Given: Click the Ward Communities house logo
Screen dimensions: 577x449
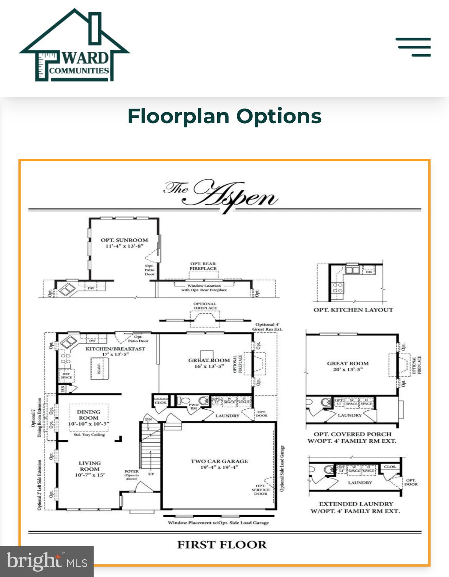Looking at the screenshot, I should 74,46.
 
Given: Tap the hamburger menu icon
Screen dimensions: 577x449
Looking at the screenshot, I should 413,47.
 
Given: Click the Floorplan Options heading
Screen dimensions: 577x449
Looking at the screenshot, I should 225,116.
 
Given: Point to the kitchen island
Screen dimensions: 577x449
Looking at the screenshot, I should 99,369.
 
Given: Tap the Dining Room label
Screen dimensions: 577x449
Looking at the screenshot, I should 89,415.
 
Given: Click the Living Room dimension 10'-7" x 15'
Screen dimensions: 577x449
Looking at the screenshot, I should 89,475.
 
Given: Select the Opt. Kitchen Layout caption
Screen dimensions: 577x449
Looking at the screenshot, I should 353,310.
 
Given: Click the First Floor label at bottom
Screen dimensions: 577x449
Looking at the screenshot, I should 222,545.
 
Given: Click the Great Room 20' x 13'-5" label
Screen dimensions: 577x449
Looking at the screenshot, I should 348,367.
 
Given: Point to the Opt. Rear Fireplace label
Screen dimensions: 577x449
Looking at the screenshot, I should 203,266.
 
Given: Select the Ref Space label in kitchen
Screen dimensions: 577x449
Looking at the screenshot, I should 66,375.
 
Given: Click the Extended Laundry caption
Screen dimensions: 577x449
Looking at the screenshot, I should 356,504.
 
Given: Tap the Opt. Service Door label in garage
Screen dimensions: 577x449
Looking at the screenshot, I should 261,490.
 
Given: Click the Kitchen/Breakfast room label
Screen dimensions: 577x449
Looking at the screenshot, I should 115,349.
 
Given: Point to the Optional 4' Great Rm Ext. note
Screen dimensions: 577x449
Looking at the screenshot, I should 267,327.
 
